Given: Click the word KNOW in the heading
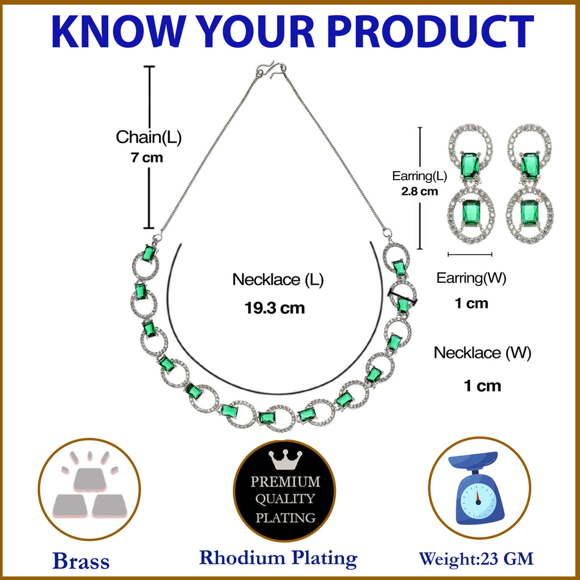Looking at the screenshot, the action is (x=119, y=32).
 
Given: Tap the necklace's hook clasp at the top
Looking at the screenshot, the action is (x=271, y=70).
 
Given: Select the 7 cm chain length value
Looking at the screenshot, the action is (x=147, y=158).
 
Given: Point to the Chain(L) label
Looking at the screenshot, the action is (x=149, y=137).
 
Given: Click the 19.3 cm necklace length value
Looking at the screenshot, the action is (x=275, y=308).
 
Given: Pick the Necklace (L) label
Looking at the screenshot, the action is (x=278, y=280).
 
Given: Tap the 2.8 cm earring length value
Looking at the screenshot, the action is (x=420, y=191).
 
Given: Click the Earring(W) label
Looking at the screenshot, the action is (x=471, y=278).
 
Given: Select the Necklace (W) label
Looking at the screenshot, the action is (x=483, y=353).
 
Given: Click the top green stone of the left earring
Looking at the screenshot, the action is (x=470, y=166).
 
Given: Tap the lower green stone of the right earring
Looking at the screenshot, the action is (x=529, y=212).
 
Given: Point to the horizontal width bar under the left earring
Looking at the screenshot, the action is (x=470, y=254).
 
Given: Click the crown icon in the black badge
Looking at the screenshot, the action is (x=285, y=459).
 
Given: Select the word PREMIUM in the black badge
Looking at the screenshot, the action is (x=285, y=481).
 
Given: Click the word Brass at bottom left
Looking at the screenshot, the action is (x=81, y=561).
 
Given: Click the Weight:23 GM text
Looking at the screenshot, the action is (x=476, y=558).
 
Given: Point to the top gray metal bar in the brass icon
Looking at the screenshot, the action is (x=90, y=480).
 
